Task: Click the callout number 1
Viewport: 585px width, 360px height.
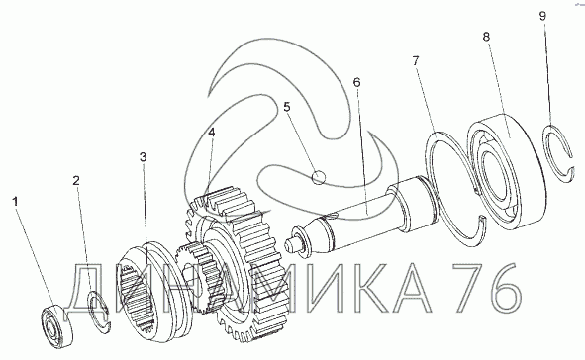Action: point(15,202)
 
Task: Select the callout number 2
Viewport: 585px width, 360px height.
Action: point(76,181)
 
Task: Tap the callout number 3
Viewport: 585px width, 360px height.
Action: point(144,157)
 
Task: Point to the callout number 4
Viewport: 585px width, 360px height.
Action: point(212,132)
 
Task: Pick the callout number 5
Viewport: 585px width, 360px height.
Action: point(286,107)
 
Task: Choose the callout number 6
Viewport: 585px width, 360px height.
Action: point(356,82)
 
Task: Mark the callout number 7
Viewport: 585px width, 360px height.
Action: point(416,60)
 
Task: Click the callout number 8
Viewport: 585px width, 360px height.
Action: point(486,37)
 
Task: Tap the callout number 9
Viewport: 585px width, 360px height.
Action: point(542,16)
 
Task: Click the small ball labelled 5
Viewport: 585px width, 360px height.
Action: point(319,177)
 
